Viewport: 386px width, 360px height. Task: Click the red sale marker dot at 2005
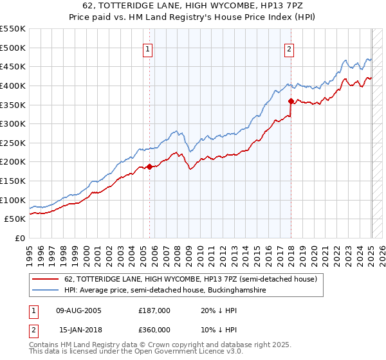150,167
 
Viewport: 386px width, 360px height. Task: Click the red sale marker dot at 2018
291,101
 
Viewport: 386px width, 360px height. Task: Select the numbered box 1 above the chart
148,49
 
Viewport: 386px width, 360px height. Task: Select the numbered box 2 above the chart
289,49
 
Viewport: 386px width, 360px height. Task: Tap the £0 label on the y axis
19,238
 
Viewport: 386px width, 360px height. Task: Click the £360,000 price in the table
154,330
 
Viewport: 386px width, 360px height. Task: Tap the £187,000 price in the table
154,310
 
